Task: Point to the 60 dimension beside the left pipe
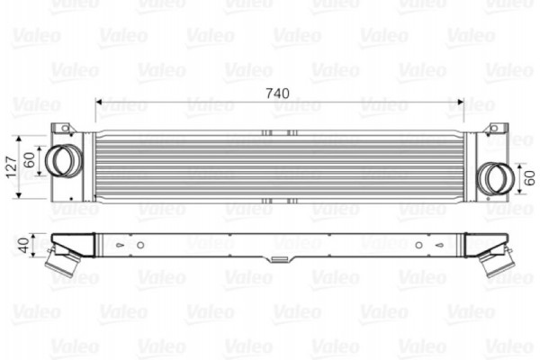tap(29, 161)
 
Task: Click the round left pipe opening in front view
tap(61, 160)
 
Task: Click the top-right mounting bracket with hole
tap(494, 129)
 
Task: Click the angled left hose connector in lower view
tap(62, 263)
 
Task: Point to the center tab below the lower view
tap(279, 259)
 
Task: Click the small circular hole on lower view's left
tap(139, 245)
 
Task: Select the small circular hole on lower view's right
tap(418, 245)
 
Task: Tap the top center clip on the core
tap(279, 133)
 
